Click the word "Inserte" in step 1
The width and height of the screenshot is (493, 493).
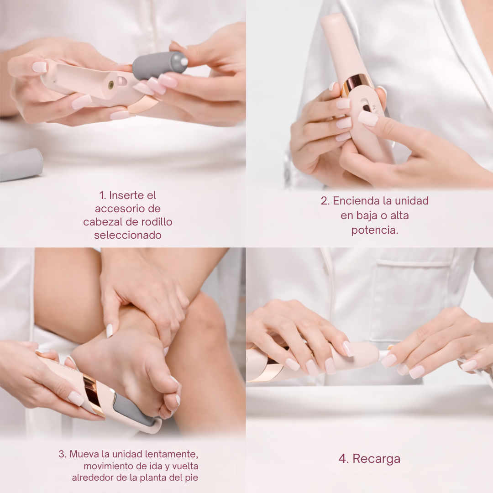[132, 195]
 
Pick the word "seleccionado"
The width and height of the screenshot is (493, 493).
[128, 235]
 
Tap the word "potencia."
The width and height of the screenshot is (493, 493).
[375, 230]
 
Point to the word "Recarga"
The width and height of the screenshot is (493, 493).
[376, 459]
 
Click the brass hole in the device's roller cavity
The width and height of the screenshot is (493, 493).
[111, 84]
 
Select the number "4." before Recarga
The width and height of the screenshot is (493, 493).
[344, 459]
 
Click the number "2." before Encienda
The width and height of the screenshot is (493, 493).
[325, 200]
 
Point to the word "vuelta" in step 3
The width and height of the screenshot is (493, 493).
[185, 466]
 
